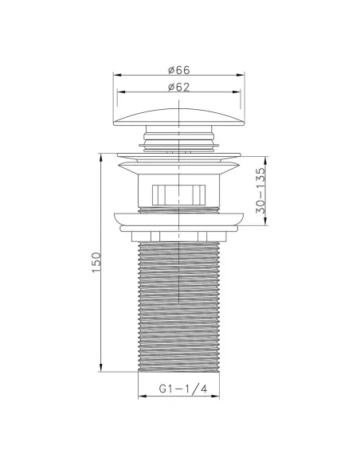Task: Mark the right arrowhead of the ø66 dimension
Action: (244, 75)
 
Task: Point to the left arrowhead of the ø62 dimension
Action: (119, 91)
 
